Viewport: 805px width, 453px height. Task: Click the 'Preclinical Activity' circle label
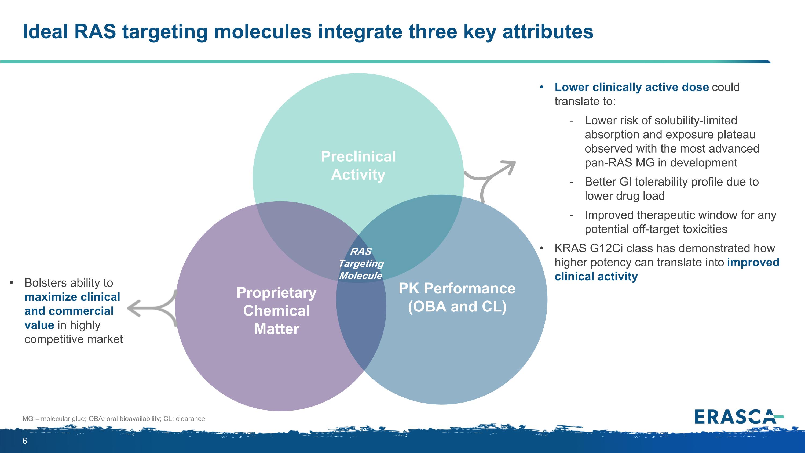358,165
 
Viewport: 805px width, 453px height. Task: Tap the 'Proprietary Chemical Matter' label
277,310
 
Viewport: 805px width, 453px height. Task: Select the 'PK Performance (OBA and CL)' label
457,297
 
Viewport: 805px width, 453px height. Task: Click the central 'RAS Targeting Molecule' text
361,263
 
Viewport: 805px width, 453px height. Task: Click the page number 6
25,441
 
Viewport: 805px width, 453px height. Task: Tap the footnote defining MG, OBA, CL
114,419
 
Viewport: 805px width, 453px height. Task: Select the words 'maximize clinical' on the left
72,297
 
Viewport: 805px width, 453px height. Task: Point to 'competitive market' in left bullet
74,339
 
